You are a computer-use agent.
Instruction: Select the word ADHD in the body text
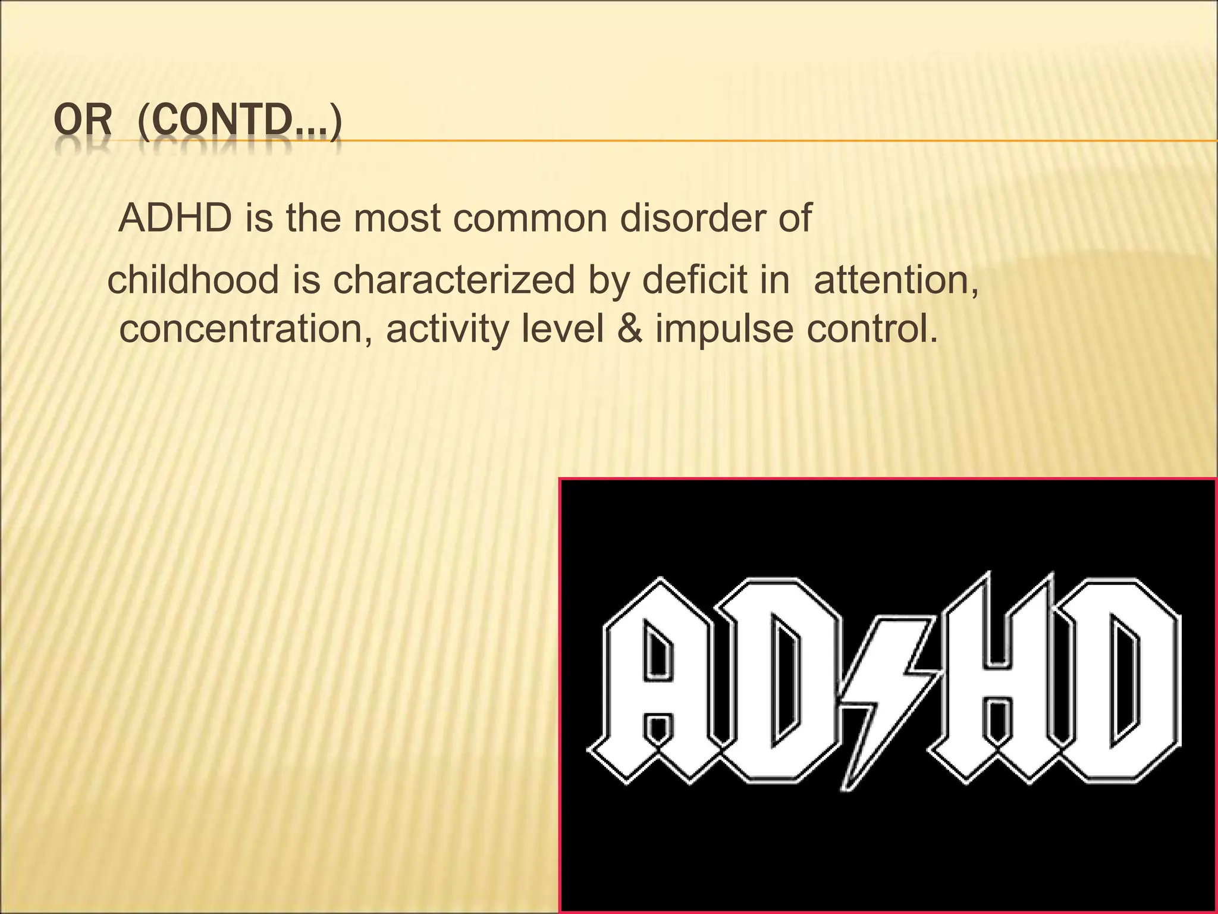[175, 218]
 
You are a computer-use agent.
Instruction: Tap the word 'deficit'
[692, 280]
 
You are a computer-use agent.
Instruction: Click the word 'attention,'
[896, 280]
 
